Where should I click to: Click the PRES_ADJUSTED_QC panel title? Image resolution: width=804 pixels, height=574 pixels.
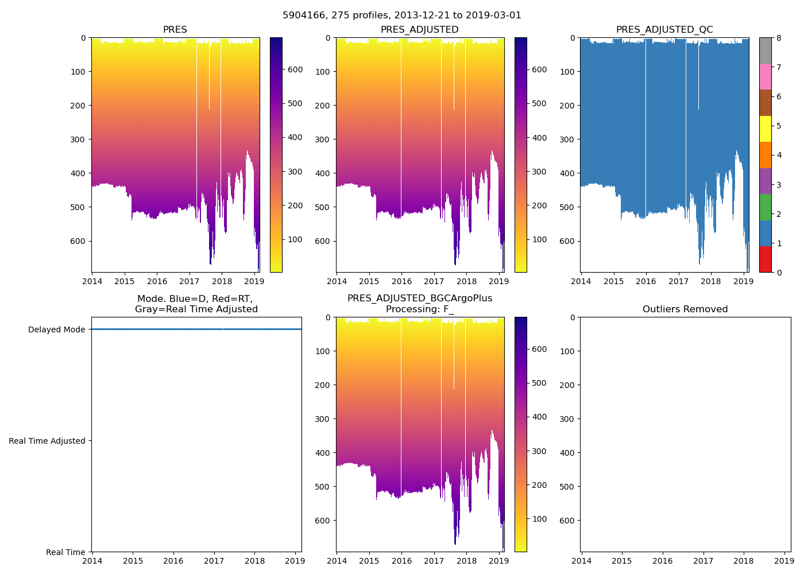coord(664,29)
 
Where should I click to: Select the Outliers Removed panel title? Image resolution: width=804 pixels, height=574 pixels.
coord(685,309)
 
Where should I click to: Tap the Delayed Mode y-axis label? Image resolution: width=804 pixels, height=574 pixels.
coord(56,329)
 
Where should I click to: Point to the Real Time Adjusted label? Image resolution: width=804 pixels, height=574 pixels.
coord(47,441)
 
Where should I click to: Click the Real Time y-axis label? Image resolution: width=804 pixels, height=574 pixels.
coord(65,552)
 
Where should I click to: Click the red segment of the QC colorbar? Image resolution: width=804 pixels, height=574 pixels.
coord(765,259)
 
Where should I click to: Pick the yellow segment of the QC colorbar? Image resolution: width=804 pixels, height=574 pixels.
coord(765,129)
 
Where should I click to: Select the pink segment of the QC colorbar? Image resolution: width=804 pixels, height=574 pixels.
coord(765,76)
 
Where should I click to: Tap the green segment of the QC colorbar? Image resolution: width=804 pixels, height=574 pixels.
coord(765,207)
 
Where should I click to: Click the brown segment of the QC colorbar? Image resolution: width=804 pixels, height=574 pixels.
coord(765,103)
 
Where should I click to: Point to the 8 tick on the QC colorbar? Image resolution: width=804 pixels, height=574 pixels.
coord(778,38)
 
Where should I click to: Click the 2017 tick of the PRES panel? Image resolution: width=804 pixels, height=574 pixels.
coord(189,281)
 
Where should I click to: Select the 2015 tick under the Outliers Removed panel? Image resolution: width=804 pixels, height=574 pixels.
coord(622,561)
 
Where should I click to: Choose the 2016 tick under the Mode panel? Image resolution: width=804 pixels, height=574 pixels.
coord(173,561)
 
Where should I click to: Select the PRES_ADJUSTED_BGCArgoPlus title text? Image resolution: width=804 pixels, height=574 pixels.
coord(420,298)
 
